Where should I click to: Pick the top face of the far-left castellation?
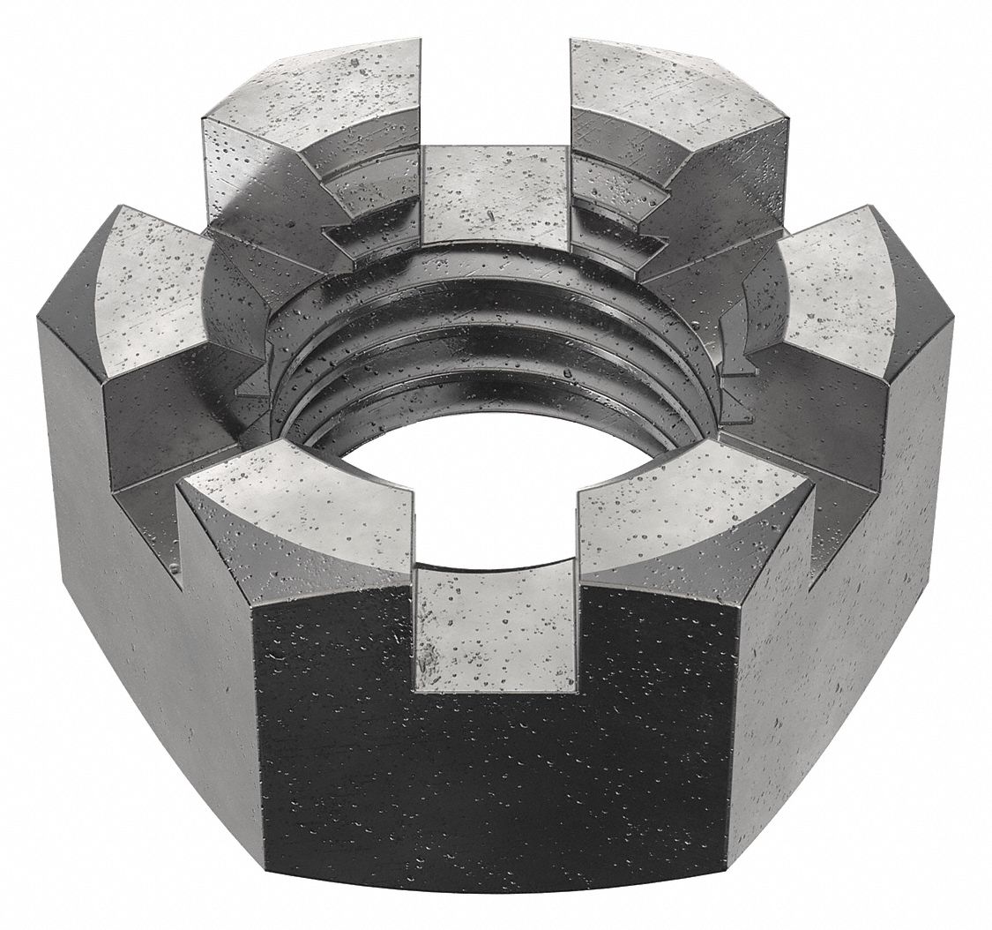(x=150, y=291)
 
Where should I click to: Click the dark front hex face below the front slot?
(x=494, y=776)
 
